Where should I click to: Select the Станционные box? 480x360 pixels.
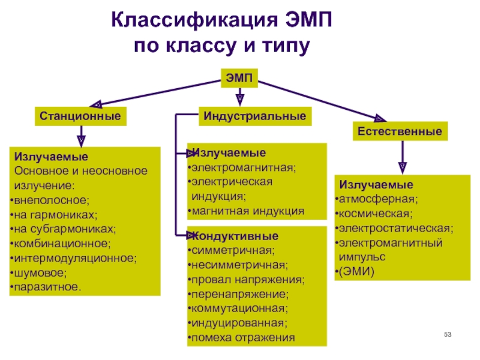(x=81, y=115)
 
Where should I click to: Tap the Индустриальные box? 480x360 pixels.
(x=254, y=115)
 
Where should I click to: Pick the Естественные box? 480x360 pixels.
(x=400, y=131)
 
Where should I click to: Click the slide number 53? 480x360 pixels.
(x=447, y=333)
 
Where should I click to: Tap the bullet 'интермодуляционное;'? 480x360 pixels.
(x=74, y=258)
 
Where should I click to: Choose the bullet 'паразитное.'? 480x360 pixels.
(x=47, y=287)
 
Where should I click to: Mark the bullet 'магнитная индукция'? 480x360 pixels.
(x=247, y=211)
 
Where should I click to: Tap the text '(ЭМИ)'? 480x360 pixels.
(x=356, y=271)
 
